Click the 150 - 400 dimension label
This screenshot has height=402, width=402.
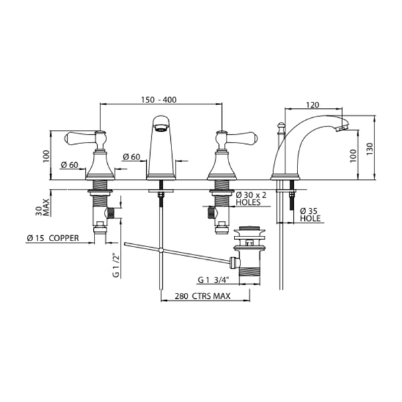(x=159, y=99)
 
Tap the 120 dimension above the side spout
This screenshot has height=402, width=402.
(x=312, y=105)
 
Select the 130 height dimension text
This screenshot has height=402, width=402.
(x=369, y=149)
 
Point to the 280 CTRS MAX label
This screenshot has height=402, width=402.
(x=202, y=296)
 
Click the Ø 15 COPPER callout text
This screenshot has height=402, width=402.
(x=53, y=238)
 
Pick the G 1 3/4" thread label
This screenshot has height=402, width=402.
(x=213, y=279)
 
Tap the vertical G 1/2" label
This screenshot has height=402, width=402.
(x=116, y=265)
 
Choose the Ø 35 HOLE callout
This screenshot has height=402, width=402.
(x=310, y=214)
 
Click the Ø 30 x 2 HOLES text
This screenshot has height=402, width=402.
(x=251, y=198)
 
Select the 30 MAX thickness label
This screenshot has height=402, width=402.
(x=42, y=207)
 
